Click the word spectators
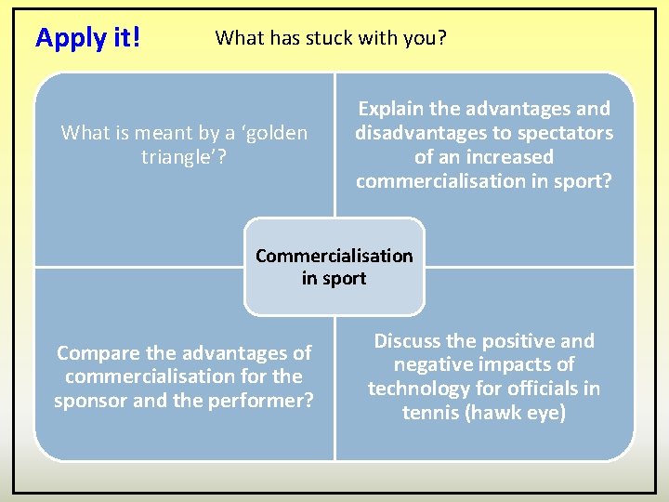(x=565, y=133)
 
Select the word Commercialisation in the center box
(x=334, y=256)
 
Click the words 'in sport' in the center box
(x=334, y=278)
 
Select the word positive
(x=518, y=341)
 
